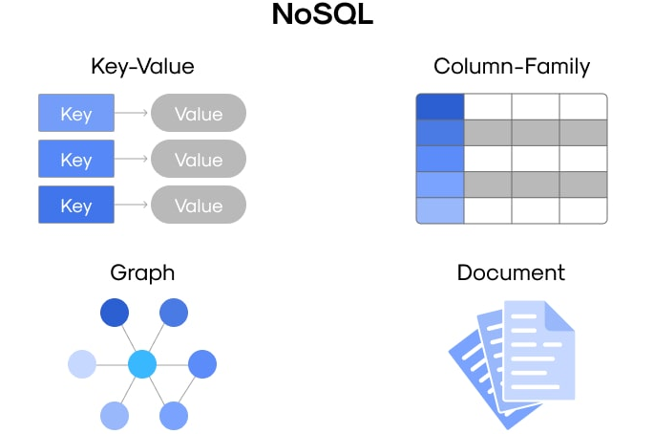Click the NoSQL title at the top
tap(327, 15)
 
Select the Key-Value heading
tap(142, 66)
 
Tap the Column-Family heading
tap(511, 66)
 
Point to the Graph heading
tap(142, 272)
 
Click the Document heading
tap(511, 272)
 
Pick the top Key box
tap(76, 114)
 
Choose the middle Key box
tap(76, 160)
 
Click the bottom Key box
tap(76, 206)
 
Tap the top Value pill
tap(199, 114)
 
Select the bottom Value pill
tap(199, 206)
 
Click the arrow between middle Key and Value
tap(132, 160)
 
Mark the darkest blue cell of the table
tap(440, 106)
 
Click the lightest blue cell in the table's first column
tap(440, 210)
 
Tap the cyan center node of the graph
tap(142, 363)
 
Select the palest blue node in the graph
tap(83, 363)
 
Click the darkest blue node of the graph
tap(115, 313)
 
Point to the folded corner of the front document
tap(560, 316)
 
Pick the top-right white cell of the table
tap(582, 106)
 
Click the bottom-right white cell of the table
tap(582, 210)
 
